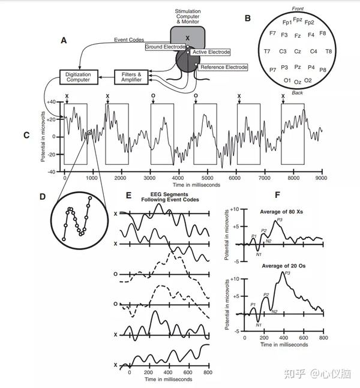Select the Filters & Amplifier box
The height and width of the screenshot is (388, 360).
click(131, 76)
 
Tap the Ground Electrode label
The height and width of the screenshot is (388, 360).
click(166, 47)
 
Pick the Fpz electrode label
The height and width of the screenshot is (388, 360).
click(298, 19)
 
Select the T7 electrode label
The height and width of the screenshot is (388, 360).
click(267, 52)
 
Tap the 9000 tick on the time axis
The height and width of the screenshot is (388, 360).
click(322, 178)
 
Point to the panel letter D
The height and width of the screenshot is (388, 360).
click(43, 196)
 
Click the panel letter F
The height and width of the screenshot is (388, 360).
click(276, 195)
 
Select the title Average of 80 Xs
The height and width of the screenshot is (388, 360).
click(284, 212)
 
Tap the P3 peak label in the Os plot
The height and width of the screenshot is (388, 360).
click(287, 273)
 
